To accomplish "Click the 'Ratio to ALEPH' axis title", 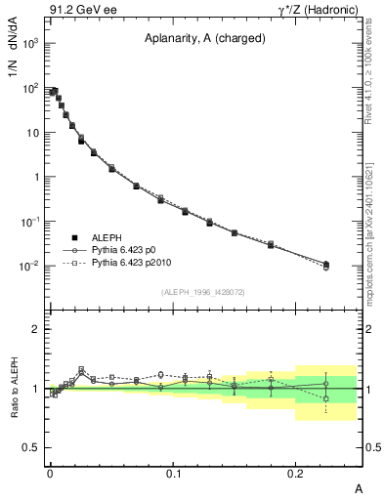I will (x=17, y=388).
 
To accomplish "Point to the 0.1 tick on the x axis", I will (x=173, y=473).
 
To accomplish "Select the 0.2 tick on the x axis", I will (x=296, y=473).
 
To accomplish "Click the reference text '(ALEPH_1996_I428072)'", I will (x=201, y=293).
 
